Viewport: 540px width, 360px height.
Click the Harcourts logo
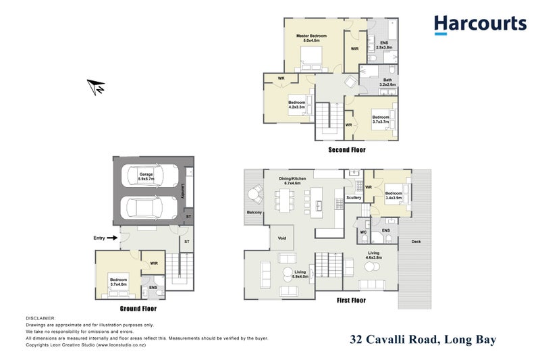tap(480, 25)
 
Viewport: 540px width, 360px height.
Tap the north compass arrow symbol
tap(97, 86)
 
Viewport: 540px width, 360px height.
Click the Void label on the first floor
tap(281, 238)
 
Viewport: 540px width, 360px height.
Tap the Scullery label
tap(353, 197)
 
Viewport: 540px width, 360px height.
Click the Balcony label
tap(254, 213)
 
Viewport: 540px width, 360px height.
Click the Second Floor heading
tap(346, 150)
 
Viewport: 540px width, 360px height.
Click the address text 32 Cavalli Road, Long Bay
tap(423, 340)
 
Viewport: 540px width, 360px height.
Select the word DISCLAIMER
tap(41, 317)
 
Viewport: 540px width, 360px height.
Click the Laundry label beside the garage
tap(183, 193)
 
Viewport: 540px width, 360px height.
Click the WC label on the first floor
tap(362, 232)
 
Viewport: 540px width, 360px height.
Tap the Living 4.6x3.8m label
tap(373, 255)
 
